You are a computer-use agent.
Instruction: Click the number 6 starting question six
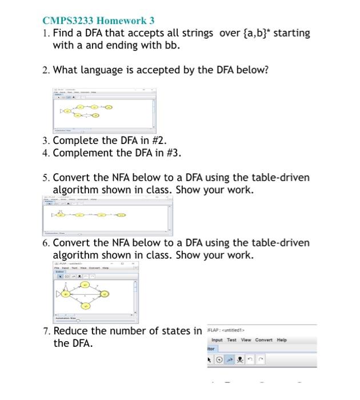click(45, 243)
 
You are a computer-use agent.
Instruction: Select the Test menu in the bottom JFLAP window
click(231, 340)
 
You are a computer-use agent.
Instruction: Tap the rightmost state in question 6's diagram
click(105, 294)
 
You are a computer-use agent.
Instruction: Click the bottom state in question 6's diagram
click(85, 306)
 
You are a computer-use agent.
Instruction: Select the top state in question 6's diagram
click(85, 284)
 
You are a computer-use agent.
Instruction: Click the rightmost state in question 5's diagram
click(121, 215)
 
